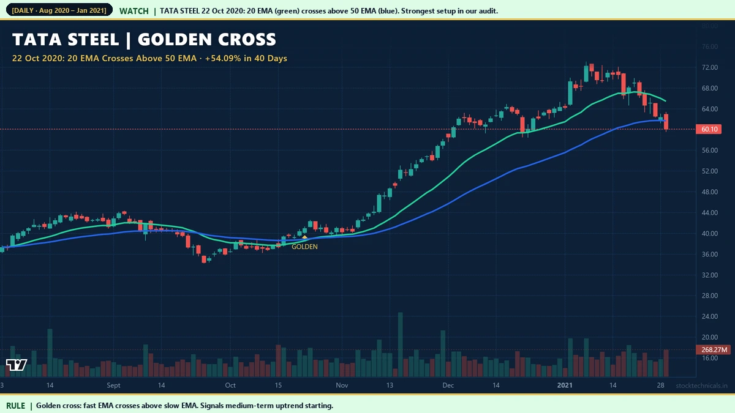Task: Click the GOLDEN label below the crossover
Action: (304, 247)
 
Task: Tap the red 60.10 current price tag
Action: (710, 130)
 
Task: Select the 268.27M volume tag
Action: (714, 350)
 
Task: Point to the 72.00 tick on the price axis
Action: (709, 67)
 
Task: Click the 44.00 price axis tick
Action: (709, 213)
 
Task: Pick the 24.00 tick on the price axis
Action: (709, 317)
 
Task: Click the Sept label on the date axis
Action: (113, 385)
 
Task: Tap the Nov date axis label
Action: (342, 385)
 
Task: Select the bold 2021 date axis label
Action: (565, 385)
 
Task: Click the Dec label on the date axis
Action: (448, 385)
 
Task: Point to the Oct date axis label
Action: (230, 385)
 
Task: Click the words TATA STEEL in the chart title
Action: (66, 40)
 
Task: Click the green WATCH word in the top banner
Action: (134, 11)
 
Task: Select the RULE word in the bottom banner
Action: (16, 406)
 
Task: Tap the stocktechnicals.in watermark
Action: (701, 386)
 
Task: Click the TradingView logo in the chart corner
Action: (17, 365)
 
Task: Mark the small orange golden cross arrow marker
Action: (304, 236)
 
